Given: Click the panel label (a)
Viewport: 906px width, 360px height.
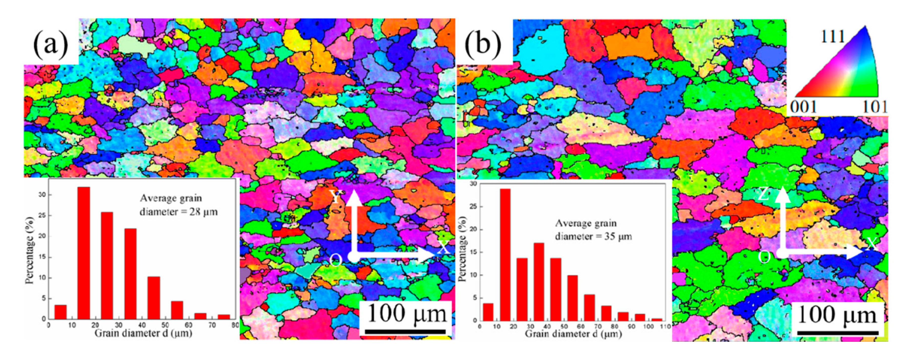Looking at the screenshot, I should pyautogui.click(x=50, y=44).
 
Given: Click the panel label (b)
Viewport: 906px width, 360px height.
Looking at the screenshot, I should pyautogui.click(x=483, y=44).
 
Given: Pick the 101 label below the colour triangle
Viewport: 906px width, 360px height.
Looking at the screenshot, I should pyautogui.click(x=874, y=106).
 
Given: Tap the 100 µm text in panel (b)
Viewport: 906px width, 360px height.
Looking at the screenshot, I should pyautogui.click(x=836, y=315).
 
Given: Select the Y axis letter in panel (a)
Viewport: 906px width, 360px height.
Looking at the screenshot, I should pyautogui.click(x=336, y=197).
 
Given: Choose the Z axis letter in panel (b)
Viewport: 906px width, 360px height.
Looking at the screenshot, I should pyautogui.click(x=763, y=194).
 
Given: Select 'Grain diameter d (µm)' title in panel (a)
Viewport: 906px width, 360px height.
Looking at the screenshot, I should pyautogui.click(x=143, y=333).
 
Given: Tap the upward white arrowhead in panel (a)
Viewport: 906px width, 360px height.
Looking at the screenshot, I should pyautogui.click(x=355, y=197).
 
